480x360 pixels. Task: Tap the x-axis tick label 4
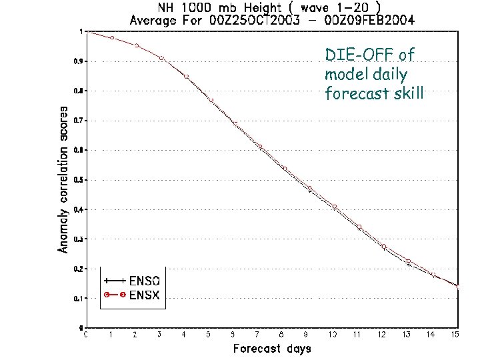tap(185, 334)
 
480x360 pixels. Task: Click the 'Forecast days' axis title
tap(271, 348)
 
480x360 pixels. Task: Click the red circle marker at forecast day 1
tap(112, 38)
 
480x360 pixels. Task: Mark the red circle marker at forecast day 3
tap(161, 59)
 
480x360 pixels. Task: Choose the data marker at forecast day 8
tap(285, 169)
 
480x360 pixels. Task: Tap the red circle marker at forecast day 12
tap(383, 247)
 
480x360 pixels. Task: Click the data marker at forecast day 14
tap(433, 275)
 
